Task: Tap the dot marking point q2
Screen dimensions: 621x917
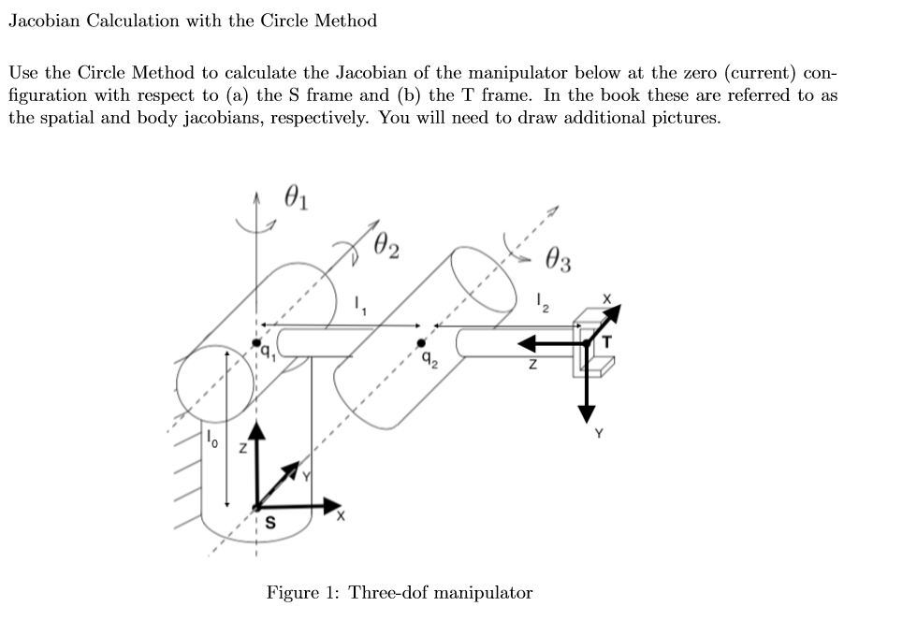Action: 420,343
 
